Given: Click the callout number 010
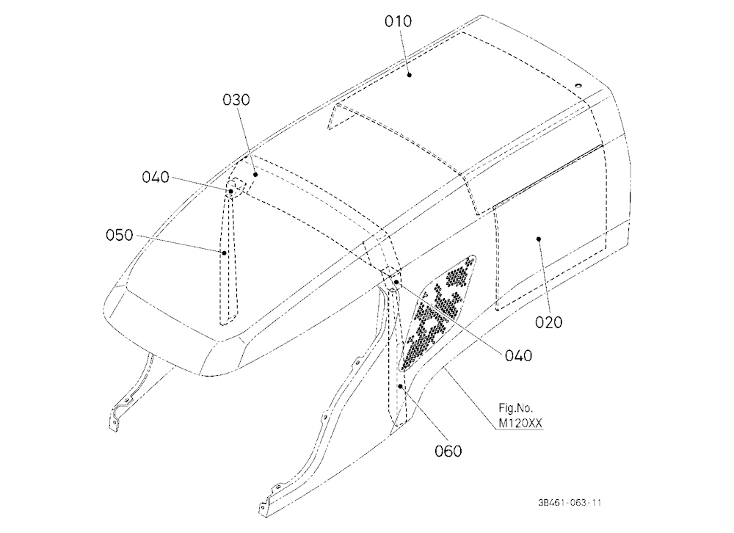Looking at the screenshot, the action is pyautogui.click(x=399, y=21).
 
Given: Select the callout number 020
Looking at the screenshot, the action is pyautogui.click(x=548, y=322).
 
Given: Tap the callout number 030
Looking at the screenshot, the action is pyautogui.click(x=236, y=100).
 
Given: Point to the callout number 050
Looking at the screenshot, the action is pyautogui.click(x=120, y=235).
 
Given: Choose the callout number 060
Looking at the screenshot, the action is pyautogui.click(x=448, y=451).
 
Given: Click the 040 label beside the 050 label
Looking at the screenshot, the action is pyautogui.click(x=156, y=177).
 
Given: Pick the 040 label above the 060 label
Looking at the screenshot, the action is pyautogui.click(x=518, y=355).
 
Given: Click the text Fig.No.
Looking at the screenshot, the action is pyautogui.click(x=515, y=408).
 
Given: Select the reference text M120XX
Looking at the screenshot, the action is pyautogui.click(x=520, y=424).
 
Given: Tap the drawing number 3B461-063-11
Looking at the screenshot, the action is pyautogui.click(x=570, y=503).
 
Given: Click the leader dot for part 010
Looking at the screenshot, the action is pyautogui.click(x=409, y=74).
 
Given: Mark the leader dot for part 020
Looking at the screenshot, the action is pyautogui.click(x=539, y=239).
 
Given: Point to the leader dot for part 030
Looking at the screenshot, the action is pyautogui.click(x=255, y=174).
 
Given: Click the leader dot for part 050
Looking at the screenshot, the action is pyautogui.click(x=224, y=253).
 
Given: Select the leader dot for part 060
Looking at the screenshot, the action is pyautogui.click(x=400, y=386).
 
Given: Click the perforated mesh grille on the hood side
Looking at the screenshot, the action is pyautogui.click(x=437, y=313).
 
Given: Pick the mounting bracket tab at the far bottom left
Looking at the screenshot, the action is pyautogui.click(x=115, y=420).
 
